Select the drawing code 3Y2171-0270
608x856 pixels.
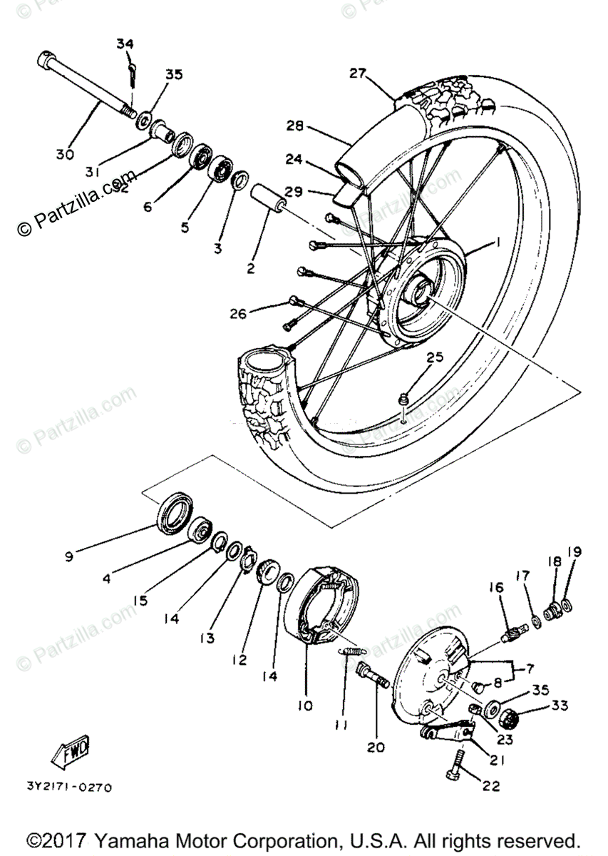[x=69, y=788]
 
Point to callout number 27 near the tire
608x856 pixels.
[x=357, y=73]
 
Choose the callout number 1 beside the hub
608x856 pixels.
[x=498, y=243]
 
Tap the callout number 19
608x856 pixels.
[x=574, y=552]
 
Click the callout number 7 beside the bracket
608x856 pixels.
[x=530, y=669]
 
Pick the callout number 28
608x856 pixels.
[x=295, y=126]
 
